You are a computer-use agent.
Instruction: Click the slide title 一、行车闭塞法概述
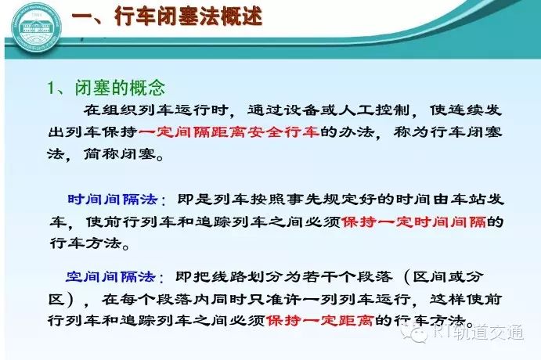(167, 16)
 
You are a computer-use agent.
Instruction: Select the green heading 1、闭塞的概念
(106, 88)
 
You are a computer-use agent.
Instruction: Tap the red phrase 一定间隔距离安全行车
(229, 131)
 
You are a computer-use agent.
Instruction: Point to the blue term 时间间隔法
(113, 200)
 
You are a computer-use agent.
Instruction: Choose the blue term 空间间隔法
(110, 276)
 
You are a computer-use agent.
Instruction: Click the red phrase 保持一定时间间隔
(413, 221)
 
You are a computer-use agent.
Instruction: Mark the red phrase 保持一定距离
(319, 321)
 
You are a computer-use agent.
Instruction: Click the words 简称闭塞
(120, 154)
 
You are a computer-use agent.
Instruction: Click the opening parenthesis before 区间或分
(407, 277)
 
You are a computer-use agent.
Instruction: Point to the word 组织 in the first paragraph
(120, 110)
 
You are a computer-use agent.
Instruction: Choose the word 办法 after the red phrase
(356, 131)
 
